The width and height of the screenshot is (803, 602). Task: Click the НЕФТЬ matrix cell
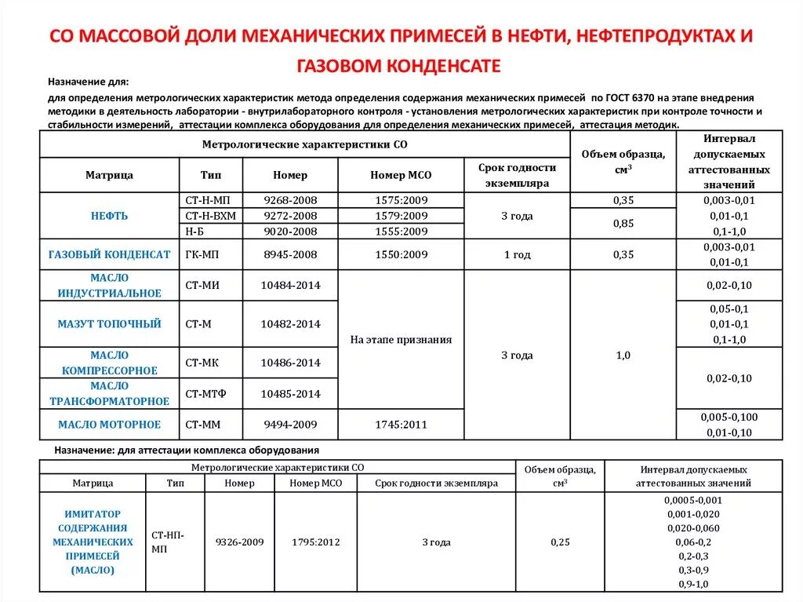click(109, 216)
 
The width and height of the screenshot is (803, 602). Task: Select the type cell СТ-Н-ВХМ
click(210, 216)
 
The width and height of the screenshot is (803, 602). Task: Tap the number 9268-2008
click(290, 200)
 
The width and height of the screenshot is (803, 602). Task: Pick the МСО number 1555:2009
click(401, 232)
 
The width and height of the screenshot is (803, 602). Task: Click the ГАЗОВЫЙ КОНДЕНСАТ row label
click(109, 254)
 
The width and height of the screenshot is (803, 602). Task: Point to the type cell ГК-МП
click(202, 254)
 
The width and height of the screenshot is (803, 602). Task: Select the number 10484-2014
click(290, 285)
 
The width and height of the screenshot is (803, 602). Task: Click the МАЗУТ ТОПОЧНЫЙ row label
click(109, 323)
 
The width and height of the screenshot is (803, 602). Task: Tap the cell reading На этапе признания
click(401, 340)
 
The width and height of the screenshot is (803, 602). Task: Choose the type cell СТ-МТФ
click(205, 393)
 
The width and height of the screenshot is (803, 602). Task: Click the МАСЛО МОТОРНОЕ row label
click(109, 425)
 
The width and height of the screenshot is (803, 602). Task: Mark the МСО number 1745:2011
click(401, 425)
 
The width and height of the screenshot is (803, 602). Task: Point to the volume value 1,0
click(623, 356)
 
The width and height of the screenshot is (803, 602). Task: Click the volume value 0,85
click(623, 224)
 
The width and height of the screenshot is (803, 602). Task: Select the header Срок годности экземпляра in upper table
click(517, 175)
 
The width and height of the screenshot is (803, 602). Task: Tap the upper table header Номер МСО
click(401, 175)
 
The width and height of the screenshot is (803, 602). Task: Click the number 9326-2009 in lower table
click(240, 542)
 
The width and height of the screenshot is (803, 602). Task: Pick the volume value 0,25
click(560, 542)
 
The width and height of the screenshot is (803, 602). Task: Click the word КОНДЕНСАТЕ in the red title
click(444, 65)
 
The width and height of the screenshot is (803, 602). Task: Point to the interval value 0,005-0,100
click(729, 417)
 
